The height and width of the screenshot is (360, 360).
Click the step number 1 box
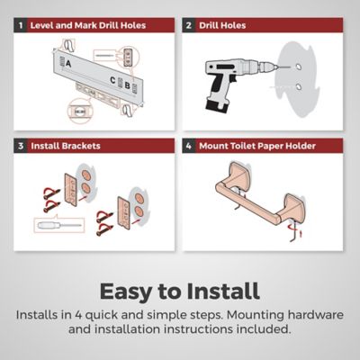click(21, 25)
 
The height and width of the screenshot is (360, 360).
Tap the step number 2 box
click(188, 25)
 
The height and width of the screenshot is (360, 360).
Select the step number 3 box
click(21, 146)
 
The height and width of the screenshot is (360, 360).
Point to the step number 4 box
click(188, 146)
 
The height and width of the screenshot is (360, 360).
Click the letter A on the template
click(68, 64)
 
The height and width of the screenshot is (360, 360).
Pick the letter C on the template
click(112, 80)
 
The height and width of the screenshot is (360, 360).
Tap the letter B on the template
click(127, 85)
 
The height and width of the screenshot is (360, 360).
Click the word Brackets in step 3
click(81, 146)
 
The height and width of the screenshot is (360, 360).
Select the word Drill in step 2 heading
click(209, 25)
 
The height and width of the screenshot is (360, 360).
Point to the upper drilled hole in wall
click(298, 67)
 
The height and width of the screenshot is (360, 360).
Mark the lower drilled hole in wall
click(299, 87)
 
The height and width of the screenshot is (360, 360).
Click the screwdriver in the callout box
click(59, 225)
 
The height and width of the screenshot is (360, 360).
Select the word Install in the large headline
click(223, 291)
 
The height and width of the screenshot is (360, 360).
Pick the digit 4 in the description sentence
click(78, 315)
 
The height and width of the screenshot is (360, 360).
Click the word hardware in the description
click(316, 315)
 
